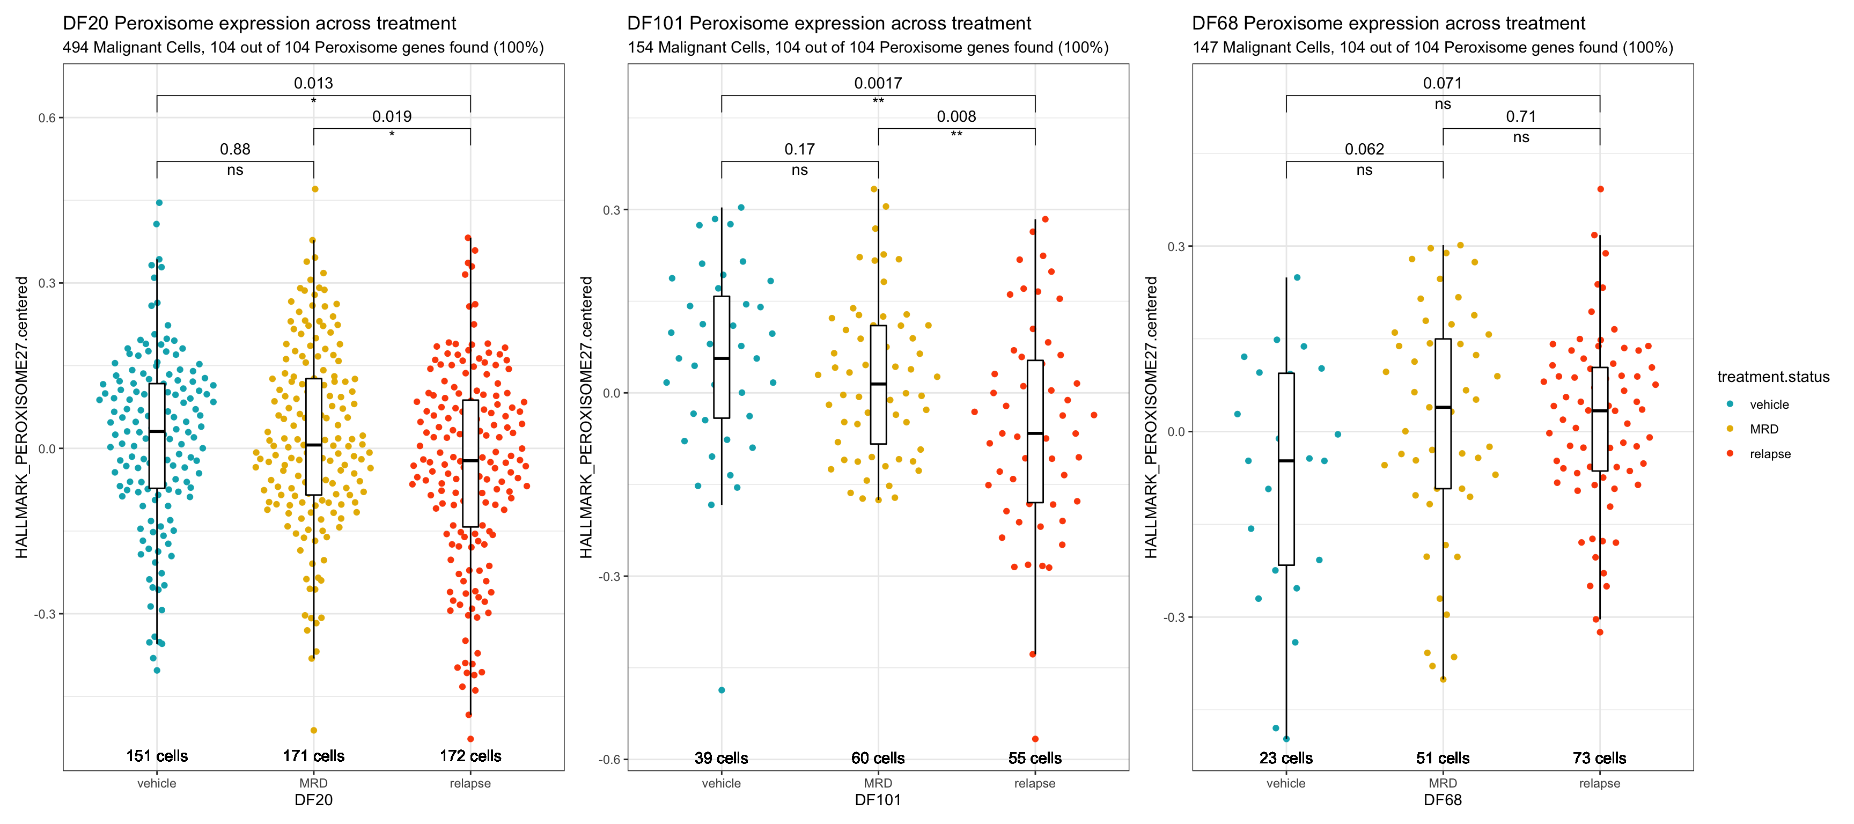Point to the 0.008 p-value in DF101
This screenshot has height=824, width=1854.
click(956, 116)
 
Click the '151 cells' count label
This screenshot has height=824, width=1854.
click(157, 756)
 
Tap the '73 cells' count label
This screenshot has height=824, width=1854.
click(1599, 758)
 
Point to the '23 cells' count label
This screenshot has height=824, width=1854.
click(1285, 758)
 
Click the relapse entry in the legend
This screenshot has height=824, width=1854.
click(1770, 454)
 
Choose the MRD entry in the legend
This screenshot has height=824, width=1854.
click(1763, 429)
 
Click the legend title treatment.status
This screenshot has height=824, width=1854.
click(1772, 377)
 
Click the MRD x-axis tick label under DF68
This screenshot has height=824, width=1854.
click(1443, 783)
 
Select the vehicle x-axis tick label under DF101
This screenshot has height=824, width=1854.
click(721, 783)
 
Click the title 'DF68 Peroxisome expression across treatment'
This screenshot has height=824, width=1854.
click(1388, 24)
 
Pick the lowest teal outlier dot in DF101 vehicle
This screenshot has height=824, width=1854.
click(721, 690)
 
